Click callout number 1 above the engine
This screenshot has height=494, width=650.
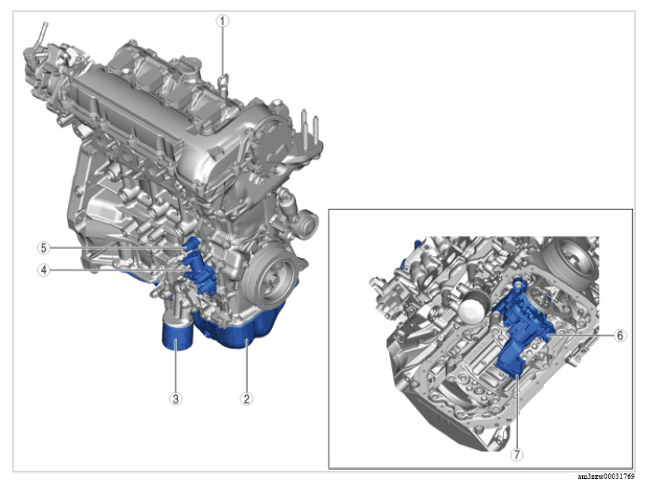(223, 21)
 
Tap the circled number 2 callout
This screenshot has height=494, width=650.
(247, 399)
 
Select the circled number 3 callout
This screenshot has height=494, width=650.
(176, 399)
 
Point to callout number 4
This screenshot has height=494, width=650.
(44, 270)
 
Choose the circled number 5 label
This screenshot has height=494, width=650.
(44, 248)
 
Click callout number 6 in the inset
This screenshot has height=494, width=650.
(620, 336)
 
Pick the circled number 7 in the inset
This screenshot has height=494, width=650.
(517, 455)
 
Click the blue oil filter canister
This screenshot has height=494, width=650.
(178, 336)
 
